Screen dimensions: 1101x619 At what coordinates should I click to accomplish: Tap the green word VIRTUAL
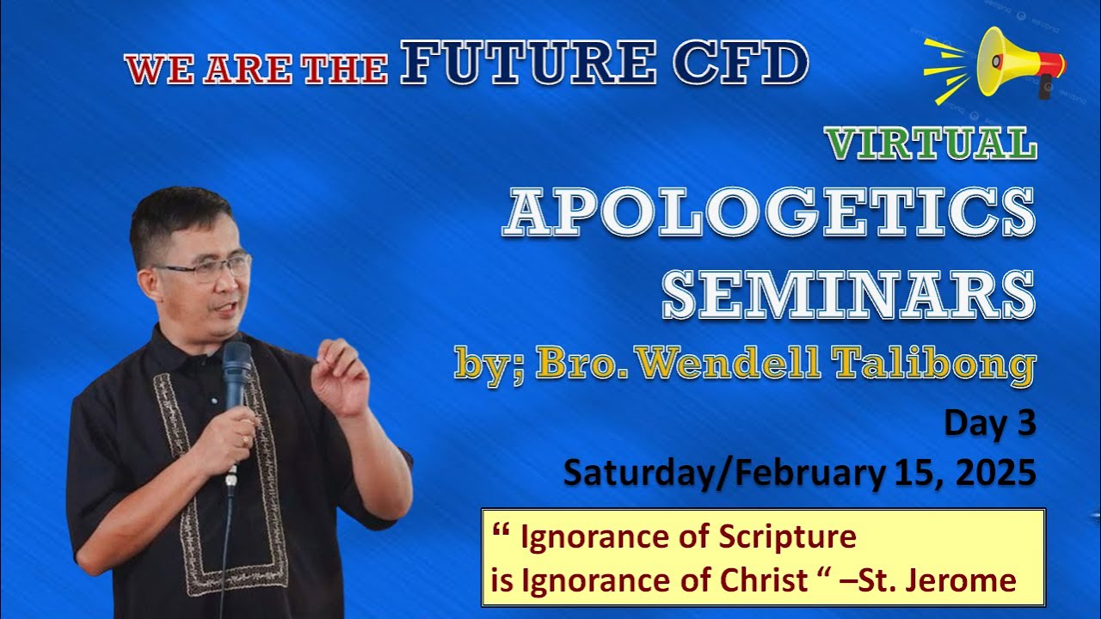932,143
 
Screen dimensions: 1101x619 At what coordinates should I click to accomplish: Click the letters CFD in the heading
741,62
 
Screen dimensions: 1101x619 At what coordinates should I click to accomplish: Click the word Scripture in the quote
787,537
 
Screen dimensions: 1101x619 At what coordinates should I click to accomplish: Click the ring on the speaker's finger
246,441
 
